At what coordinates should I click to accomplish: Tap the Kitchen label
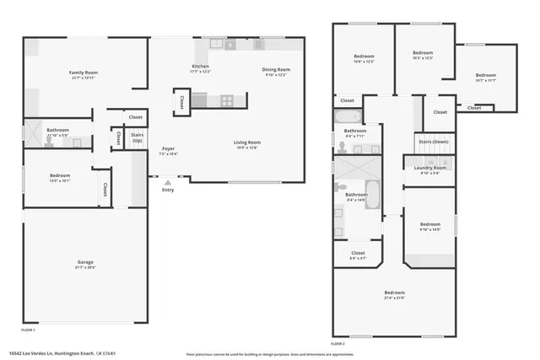tap(200, 66)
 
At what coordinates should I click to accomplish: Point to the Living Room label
tap(247, 142)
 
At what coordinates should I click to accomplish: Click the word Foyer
tap(168, 150)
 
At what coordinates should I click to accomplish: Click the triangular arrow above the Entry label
tap(167, 180)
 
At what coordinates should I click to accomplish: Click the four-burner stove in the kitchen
tap(227, 100)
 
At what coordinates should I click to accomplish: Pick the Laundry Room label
tap(430, 167)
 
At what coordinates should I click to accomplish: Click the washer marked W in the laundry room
tap(429, 159)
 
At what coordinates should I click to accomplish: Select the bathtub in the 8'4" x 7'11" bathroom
tap(351, 118)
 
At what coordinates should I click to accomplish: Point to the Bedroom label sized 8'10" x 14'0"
tap(430, 225)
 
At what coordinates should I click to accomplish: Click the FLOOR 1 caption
tap(29, 329)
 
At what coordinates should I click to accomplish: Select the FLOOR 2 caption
tap(338, 344)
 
